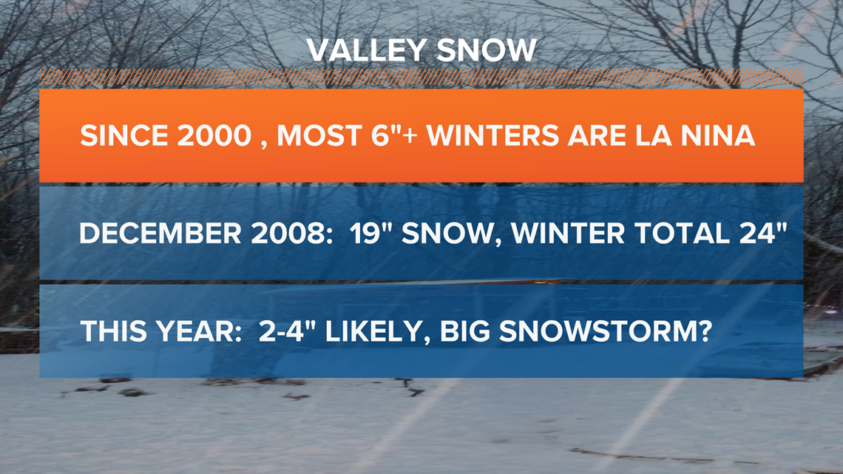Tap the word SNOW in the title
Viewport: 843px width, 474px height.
[x=487, y=50]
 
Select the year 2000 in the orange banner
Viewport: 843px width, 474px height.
[x=214, y=135]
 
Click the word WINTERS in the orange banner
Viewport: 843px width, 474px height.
[x=492, y=135]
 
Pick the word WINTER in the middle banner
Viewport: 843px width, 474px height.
[x=568, y=233]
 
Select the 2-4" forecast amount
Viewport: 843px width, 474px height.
[x=288, y=331]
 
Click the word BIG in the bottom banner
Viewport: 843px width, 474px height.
[x=465, y=331]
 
